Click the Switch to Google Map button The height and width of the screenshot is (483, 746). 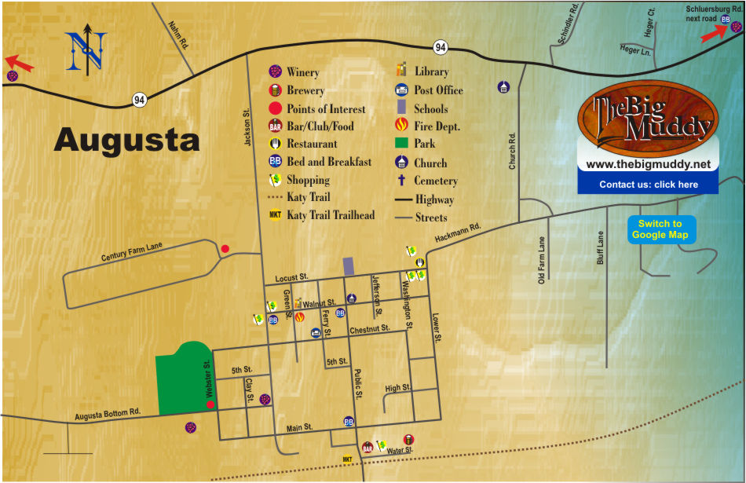pos(660,229)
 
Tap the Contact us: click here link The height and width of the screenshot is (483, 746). pos(648,185)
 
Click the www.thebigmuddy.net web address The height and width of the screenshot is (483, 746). pos(648,164)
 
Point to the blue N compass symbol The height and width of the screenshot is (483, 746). pos(86,49)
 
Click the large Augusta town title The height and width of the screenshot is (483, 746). pos(126,141)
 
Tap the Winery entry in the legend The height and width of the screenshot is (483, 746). pos(302,72)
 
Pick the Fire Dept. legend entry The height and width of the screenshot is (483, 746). pos(437,126)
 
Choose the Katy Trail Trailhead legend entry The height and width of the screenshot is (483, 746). pos(330,215)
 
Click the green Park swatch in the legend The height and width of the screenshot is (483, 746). pos(401,144)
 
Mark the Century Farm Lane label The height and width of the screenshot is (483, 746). pos(131,252)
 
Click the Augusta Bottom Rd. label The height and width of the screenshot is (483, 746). pos(107,413)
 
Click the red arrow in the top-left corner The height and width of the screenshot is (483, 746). pos(20,62)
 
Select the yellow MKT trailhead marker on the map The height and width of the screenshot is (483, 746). pos(347,459)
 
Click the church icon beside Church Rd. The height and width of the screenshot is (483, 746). pos(503,87)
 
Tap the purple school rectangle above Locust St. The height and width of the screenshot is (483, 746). pos(348,265)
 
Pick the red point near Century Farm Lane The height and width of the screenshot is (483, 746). pos(225,249)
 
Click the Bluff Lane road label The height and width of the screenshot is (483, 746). pos(601,247)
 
